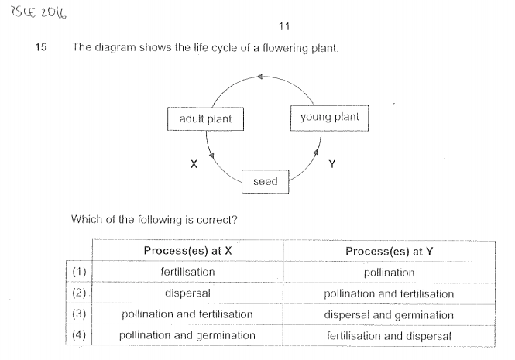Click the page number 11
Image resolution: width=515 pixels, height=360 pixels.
[x=283, y=27]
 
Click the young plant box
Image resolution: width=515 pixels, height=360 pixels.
[x=329, y=117]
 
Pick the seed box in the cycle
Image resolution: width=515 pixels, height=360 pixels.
[x=265, y=181]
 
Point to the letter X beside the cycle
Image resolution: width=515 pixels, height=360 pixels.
[x=194, y=164]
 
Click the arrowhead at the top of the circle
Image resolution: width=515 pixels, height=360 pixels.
[x=259, y=76]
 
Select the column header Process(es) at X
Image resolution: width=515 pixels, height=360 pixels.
[x=187, y=251]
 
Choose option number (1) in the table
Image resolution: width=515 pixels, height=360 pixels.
[x=79, y=273]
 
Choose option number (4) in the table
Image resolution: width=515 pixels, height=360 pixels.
[x=79, y=334]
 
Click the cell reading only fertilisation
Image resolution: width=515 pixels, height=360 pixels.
[x=187, y=273]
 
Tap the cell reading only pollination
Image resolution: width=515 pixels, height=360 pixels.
[x=389, y=273]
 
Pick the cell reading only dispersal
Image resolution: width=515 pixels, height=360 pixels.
[x=187, y=293]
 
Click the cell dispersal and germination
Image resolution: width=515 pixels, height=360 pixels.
[x=389, y=314]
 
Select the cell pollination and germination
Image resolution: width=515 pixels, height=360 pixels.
[x=187, y=334]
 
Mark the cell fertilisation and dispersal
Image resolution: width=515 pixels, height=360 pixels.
[x=389, y=334]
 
